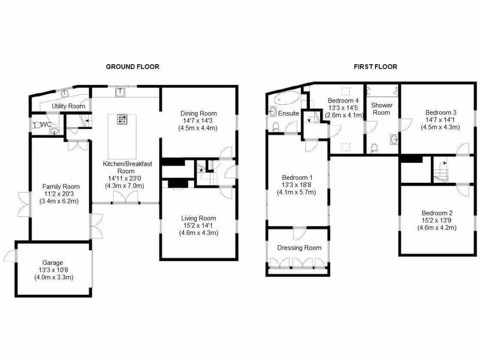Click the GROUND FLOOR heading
pos(132,67)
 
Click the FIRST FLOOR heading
pos(375,67)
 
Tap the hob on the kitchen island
pos(123,120)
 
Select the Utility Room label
pos(68,106)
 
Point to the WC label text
pos(46,125)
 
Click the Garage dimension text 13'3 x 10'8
pos(52,270)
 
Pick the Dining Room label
pos(199,113)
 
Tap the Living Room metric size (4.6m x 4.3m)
pos(199,233)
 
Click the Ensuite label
pos(289,113)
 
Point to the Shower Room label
pos(382,109)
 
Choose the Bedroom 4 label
pos(343,101)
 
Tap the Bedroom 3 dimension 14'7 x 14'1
pos(441,120)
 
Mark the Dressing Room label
pos(299,248)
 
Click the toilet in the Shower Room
pos(374,149)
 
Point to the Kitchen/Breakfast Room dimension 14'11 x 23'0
pos(124,178)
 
